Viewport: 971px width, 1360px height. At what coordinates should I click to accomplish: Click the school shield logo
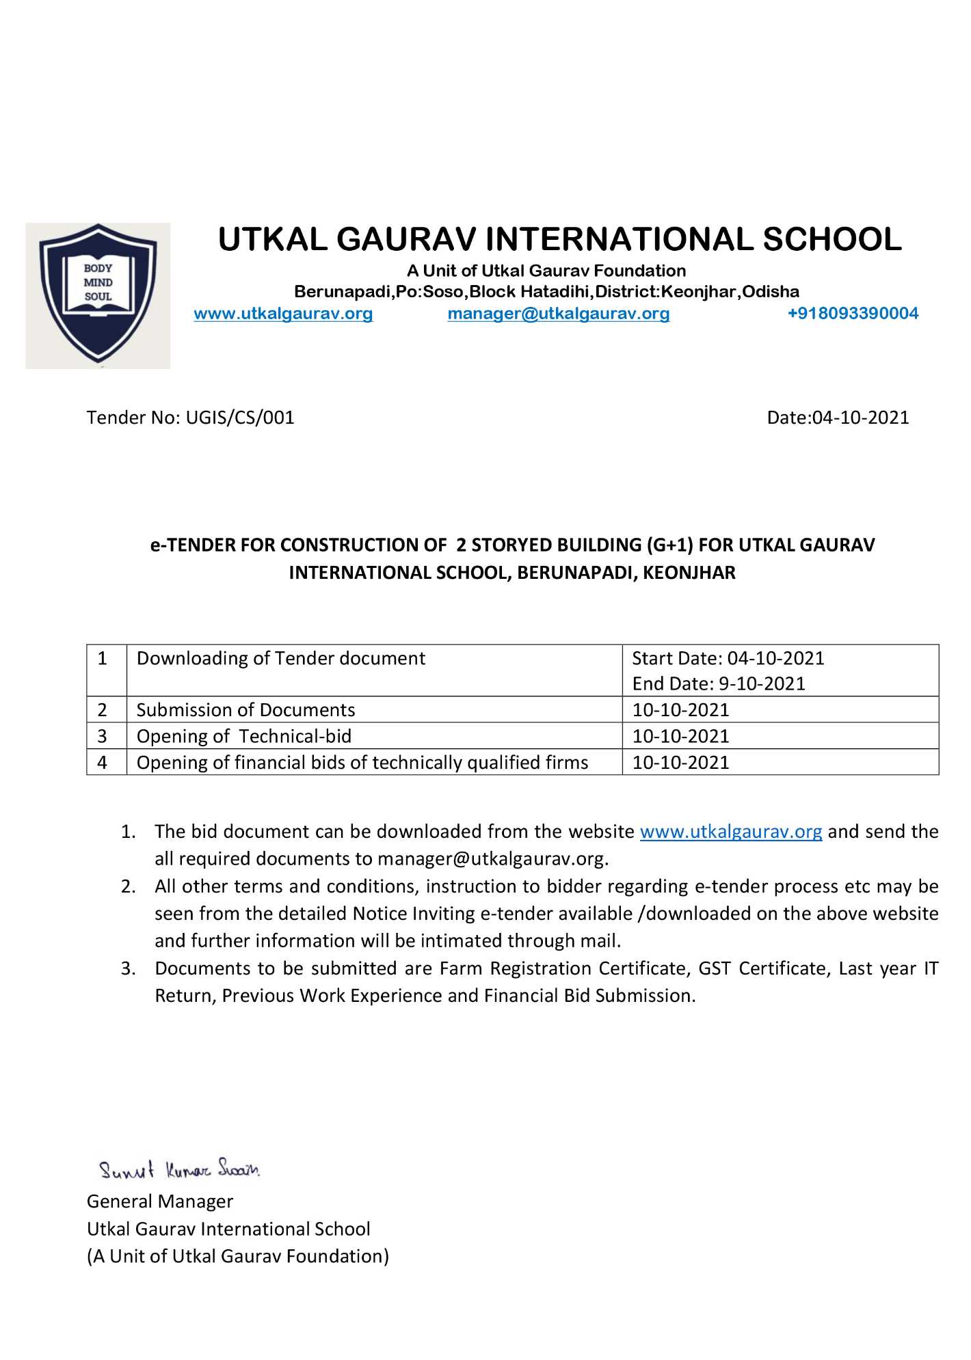tap(98, 295)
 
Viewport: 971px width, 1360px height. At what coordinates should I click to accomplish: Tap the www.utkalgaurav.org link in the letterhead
tap(283, 314)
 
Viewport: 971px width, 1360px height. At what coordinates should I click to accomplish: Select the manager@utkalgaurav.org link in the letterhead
tap(558, 314)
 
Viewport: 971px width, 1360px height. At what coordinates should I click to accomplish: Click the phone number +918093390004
tap(853, 314)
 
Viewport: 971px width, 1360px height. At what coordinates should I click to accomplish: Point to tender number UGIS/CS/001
tap(240, 418)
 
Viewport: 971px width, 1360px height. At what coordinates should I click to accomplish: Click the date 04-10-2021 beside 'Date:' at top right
tap(860, 418)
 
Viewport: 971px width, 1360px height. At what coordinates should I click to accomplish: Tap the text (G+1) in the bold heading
tap(669, 545)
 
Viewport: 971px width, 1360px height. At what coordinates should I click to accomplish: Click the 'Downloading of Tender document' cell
tap(281, 658)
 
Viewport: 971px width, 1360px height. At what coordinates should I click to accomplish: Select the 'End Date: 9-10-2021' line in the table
tap(718, 683)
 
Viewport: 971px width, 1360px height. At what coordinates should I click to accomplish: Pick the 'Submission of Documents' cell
tap(245, 710)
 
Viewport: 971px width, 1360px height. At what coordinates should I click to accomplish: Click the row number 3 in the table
tap(103, 736)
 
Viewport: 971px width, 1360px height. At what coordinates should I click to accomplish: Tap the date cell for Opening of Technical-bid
tap(680, 736)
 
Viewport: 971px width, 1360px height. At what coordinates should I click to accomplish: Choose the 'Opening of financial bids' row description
tap(362, 762)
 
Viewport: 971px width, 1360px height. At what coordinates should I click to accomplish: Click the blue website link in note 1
tap(730, 832)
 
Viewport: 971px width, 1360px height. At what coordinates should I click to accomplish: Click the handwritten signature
tap(179, 1169)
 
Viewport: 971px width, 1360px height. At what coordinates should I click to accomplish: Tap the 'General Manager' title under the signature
tap(160, 1201)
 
